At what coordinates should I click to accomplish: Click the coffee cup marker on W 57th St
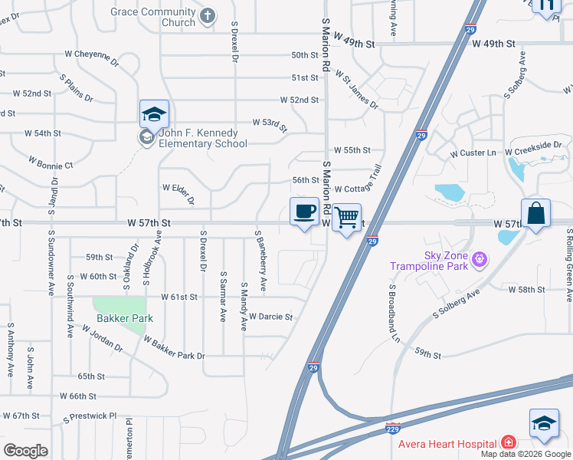tap(304, 211)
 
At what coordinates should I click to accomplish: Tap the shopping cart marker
tap(346, 218)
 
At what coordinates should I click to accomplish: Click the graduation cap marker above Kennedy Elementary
tap(154, 114)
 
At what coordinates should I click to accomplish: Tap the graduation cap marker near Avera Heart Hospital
tap(543, 423)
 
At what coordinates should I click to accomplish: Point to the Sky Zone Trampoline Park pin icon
tap(480, 260)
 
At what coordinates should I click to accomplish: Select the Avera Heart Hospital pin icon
tap(507, 442)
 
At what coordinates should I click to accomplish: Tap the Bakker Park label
tap(125, 318)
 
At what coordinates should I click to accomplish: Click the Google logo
tap(25, 450)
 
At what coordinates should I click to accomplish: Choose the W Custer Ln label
tap(473, 153)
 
